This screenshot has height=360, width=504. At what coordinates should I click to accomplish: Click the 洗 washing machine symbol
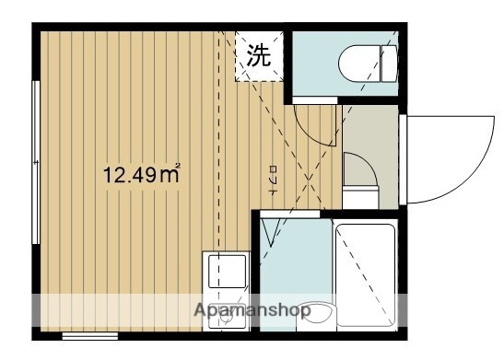point(258,55)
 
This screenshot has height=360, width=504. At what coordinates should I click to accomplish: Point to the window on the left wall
point(34,161)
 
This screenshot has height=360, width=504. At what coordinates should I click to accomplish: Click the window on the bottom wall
point(89,337)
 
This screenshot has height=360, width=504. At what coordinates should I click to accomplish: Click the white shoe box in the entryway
point(361,196)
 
